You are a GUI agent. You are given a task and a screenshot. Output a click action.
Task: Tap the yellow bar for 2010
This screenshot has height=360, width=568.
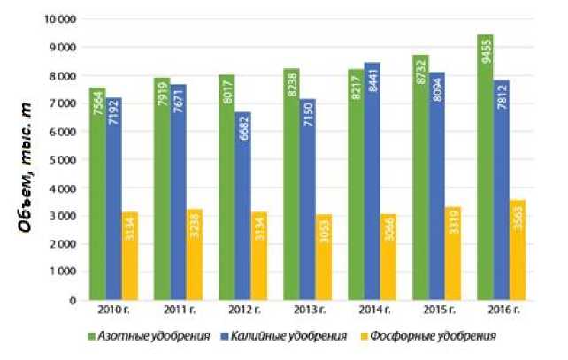[x=130, y=256]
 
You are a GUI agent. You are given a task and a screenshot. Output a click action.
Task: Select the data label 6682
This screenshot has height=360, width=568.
[x=243, y=133]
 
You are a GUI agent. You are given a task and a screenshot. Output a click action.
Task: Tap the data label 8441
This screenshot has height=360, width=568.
[x=372, y=83]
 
